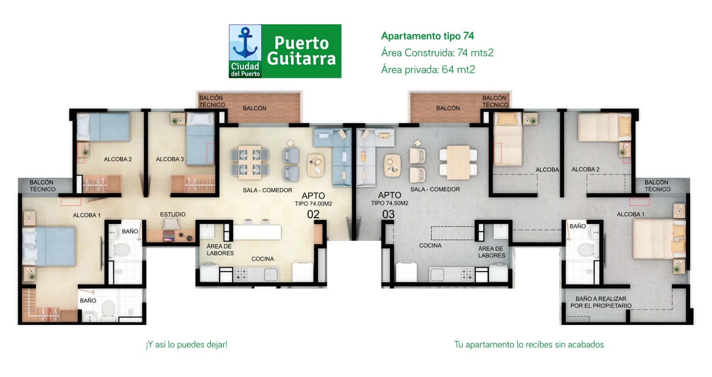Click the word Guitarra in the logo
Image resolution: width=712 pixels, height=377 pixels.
pyautogui.click(x=301, y=58)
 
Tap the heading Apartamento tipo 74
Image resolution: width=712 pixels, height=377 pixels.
pyautogui.click(x=427, y=36)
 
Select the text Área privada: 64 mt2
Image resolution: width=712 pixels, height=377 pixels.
pyautogui.click(x=428, y=70)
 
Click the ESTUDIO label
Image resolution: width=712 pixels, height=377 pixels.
pyautogui.click(x=172, y=214)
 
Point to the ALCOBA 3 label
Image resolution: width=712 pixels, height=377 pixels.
pyautogui.click(x=170, y=159)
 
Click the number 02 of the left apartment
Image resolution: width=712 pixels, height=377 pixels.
pyautogui.click(x=313, y=214)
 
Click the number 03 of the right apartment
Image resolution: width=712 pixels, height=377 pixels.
pyautogui.click(x=388, y=214)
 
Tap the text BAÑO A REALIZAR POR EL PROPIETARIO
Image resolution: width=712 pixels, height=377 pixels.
pyautogui.click(x=601, y=302)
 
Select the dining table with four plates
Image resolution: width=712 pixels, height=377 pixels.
pyautogui.click(x=250, y=162)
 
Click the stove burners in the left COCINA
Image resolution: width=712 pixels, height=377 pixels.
pyautogui.click(x=241, y=274)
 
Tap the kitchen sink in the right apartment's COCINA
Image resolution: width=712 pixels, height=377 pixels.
pyautogui.click(x=438, y=275)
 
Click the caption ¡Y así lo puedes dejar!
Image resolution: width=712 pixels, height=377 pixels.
pyautogui.click(x=187, y=345)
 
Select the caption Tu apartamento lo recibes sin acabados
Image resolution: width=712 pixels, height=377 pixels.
pyautogui.click(x=529, y=345)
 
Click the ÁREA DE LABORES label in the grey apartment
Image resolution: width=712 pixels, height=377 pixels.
pyautogui.click(x=491, y=252)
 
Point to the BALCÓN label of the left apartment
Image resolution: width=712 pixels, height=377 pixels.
pyautogui.click(x=254, y=108)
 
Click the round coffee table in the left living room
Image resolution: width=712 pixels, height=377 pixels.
pyautogui.click(x=316, y=165)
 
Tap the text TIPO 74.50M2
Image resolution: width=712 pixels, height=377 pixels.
pyautogui.click(x=390, y=203)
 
